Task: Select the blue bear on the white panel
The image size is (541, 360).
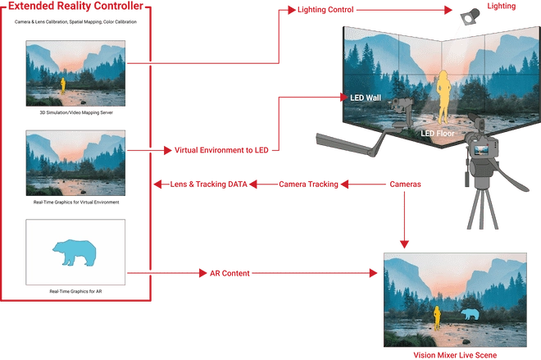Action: pos(76,252)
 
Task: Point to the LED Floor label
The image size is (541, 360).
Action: pos(438,133)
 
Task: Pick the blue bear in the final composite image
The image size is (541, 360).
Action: pos(470,314)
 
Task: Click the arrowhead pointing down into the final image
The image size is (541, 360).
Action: pos(405,242)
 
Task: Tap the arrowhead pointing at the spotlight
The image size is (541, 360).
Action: pos(448,11)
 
